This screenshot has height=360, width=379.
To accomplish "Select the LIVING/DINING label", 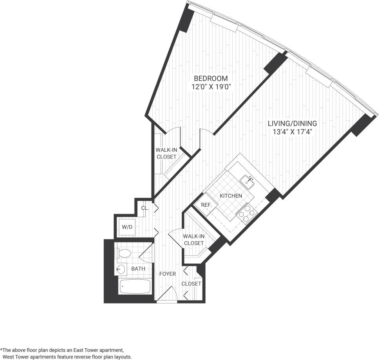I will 292,123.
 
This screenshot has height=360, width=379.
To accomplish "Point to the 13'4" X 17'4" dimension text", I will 292,132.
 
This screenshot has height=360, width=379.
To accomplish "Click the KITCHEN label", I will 230,196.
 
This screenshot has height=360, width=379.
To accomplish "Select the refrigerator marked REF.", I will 206,205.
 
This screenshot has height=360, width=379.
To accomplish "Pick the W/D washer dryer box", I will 127,227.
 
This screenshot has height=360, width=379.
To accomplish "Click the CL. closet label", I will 144,208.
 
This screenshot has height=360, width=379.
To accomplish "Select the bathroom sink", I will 121,269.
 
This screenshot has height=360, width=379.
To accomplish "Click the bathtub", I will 135,287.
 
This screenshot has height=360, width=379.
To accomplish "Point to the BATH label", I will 138,269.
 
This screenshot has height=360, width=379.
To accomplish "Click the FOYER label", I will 168,274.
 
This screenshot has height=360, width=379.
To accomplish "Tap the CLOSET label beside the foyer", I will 191,284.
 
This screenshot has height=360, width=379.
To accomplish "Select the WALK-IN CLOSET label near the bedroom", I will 166,153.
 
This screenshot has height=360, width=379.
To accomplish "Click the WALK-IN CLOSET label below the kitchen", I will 194,240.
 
